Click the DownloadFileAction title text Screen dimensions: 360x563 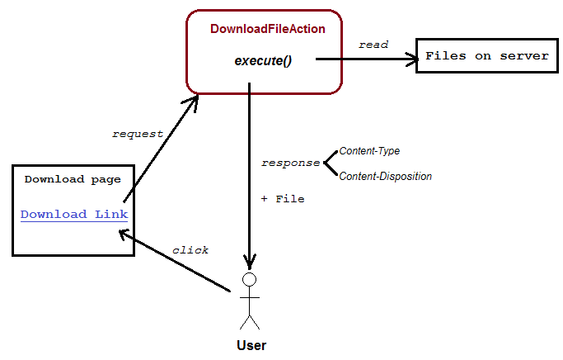[267, 29]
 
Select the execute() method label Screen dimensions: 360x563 [263, 60]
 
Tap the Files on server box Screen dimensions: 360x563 [486, 56]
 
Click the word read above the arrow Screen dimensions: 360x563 [373, 45]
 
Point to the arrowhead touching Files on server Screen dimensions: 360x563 [410, 59]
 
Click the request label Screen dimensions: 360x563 [137, 133]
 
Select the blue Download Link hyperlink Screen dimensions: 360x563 [73, 215]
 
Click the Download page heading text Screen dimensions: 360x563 [73, 179]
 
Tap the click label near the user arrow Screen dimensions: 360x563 [190, 250]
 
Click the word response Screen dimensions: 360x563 [290, 163]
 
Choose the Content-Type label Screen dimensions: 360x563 [369, 151]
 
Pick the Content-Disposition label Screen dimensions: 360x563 [385, 176]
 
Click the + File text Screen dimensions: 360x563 [282, 199]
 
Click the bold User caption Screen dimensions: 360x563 [251, 345]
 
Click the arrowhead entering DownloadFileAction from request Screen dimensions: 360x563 [194, 100]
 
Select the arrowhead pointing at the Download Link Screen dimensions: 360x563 [124, 234]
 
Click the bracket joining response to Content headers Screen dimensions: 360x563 [330, 163]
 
